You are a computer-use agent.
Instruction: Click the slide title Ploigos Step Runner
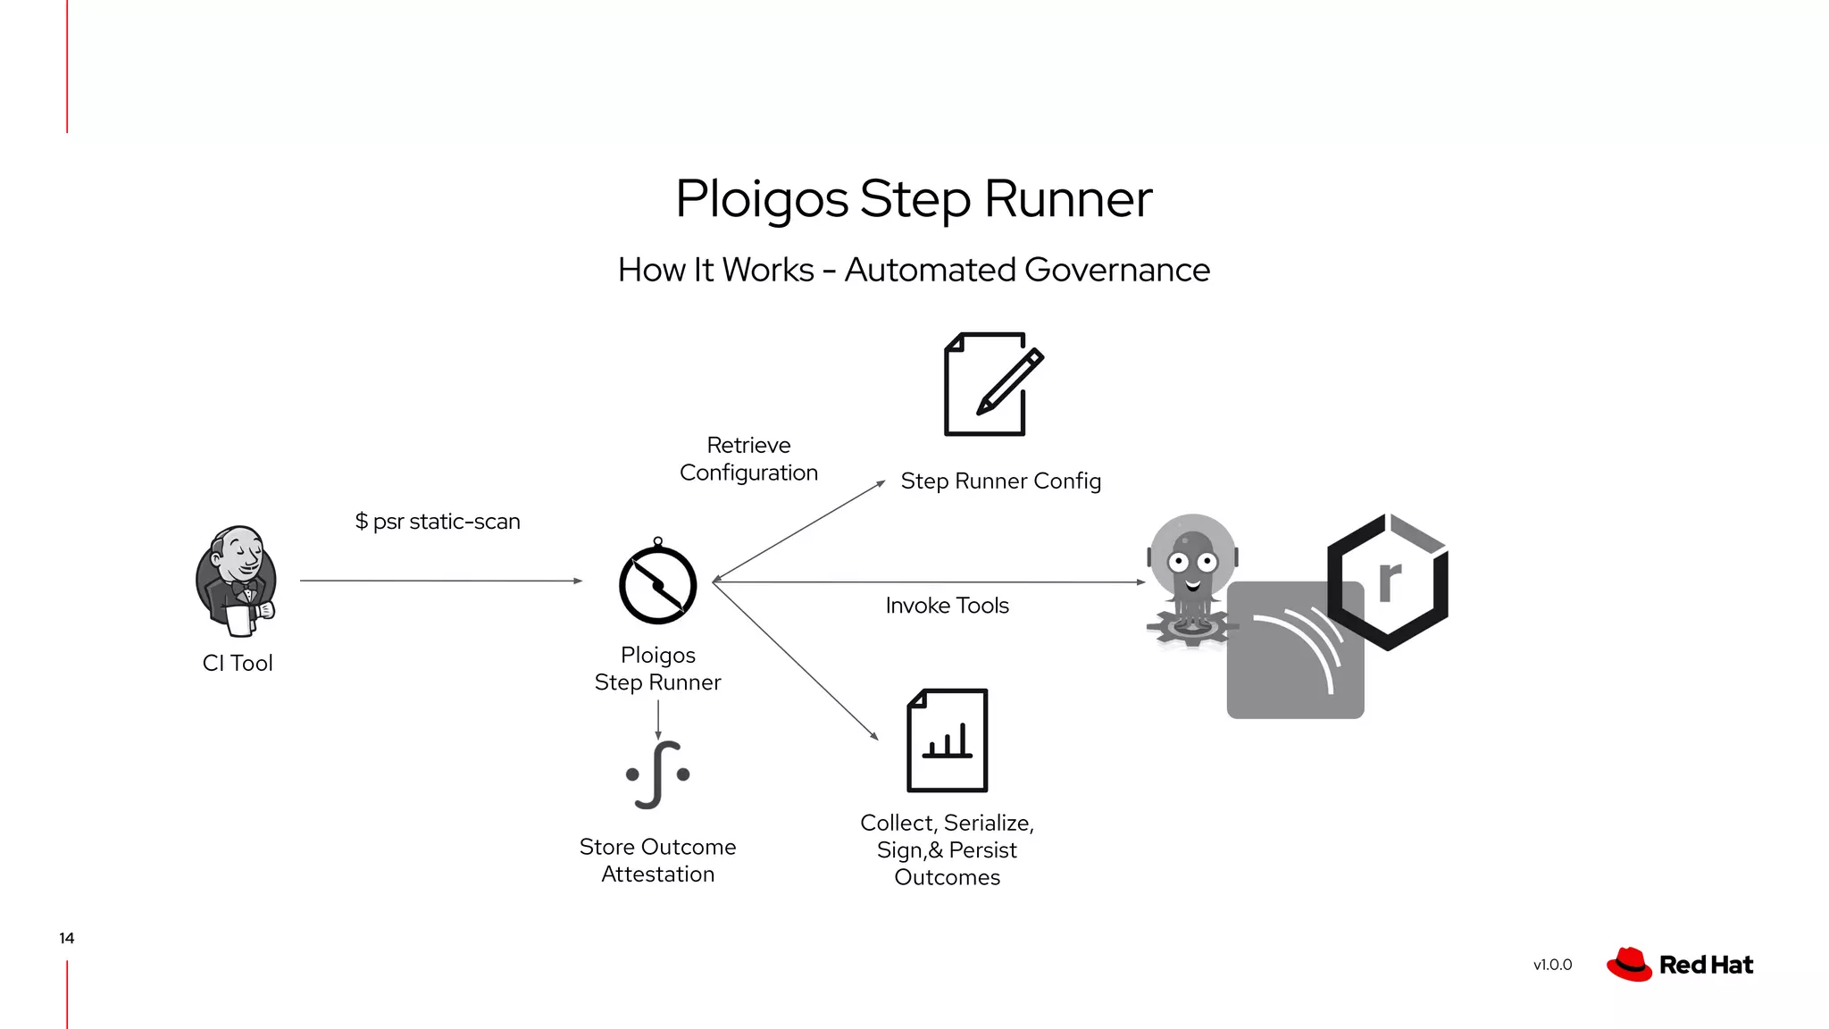point(914,198)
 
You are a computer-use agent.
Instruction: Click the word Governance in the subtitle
point(1116,270)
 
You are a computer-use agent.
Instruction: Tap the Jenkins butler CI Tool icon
point(237,581)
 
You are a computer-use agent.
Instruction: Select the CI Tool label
point(238,663)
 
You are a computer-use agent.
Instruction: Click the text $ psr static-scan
point(438,521)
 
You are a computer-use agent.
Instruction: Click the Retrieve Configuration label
point(748,458)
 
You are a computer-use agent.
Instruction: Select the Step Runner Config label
point(1000,481)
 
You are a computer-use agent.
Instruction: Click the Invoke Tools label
point(947,605)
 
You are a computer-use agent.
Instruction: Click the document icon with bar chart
point(947,740)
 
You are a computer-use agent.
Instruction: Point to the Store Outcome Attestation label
point(658,859)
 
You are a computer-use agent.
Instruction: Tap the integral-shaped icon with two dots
point(658,774)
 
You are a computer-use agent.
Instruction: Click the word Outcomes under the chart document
point(947,877)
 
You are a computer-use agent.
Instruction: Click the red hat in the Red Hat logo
point(1629,965)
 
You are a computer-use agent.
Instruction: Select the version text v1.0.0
point(1552,965)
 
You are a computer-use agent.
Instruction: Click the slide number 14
point(67,938)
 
